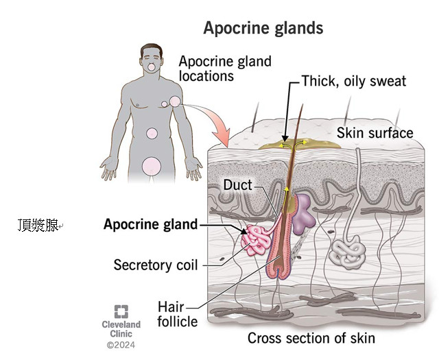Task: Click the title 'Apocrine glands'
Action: tap(263, 29)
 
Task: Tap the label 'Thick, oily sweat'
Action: tap(354, 82)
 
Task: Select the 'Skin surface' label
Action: tap(375, 133)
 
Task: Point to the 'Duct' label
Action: tap(237, 184)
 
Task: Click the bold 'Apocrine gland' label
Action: tap(150, 224)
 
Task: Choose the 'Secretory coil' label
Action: tap(156, 264)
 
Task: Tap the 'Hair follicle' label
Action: tap(177, 313)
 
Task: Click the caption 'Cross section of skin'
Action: tap(311, 338)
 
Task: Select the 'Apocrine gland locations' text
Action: tap(225, 68)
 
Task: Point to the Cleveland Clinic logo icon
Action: tap(121, 311)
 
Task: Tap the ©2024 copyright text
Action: tap(121, 345)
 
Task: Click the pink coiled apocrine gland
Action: tap(259, 241)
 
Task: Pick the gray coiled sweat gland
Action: tap(348, 252)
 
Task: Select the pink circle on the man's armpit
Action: tap(176, 101)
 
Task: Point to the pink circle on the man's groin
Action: tap(152, 165)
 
